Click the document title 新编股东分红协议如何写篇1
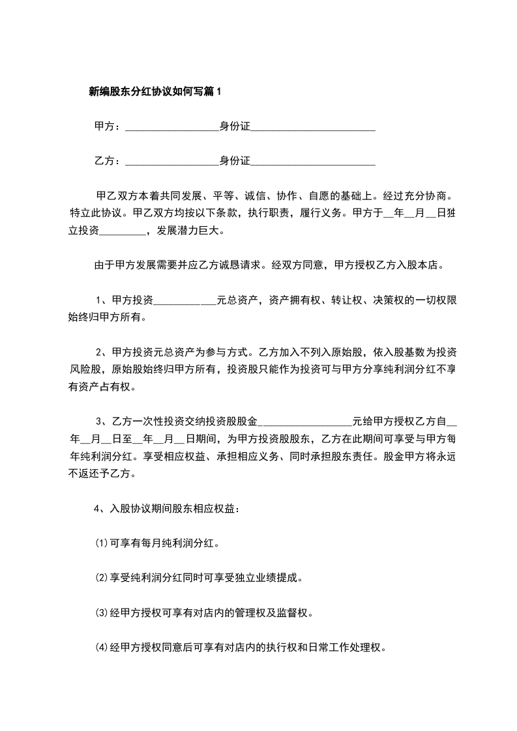155,92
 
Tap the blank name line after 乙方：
171,161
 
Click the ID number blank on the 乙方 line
313,161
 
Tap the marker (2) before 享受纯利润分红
101,577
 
